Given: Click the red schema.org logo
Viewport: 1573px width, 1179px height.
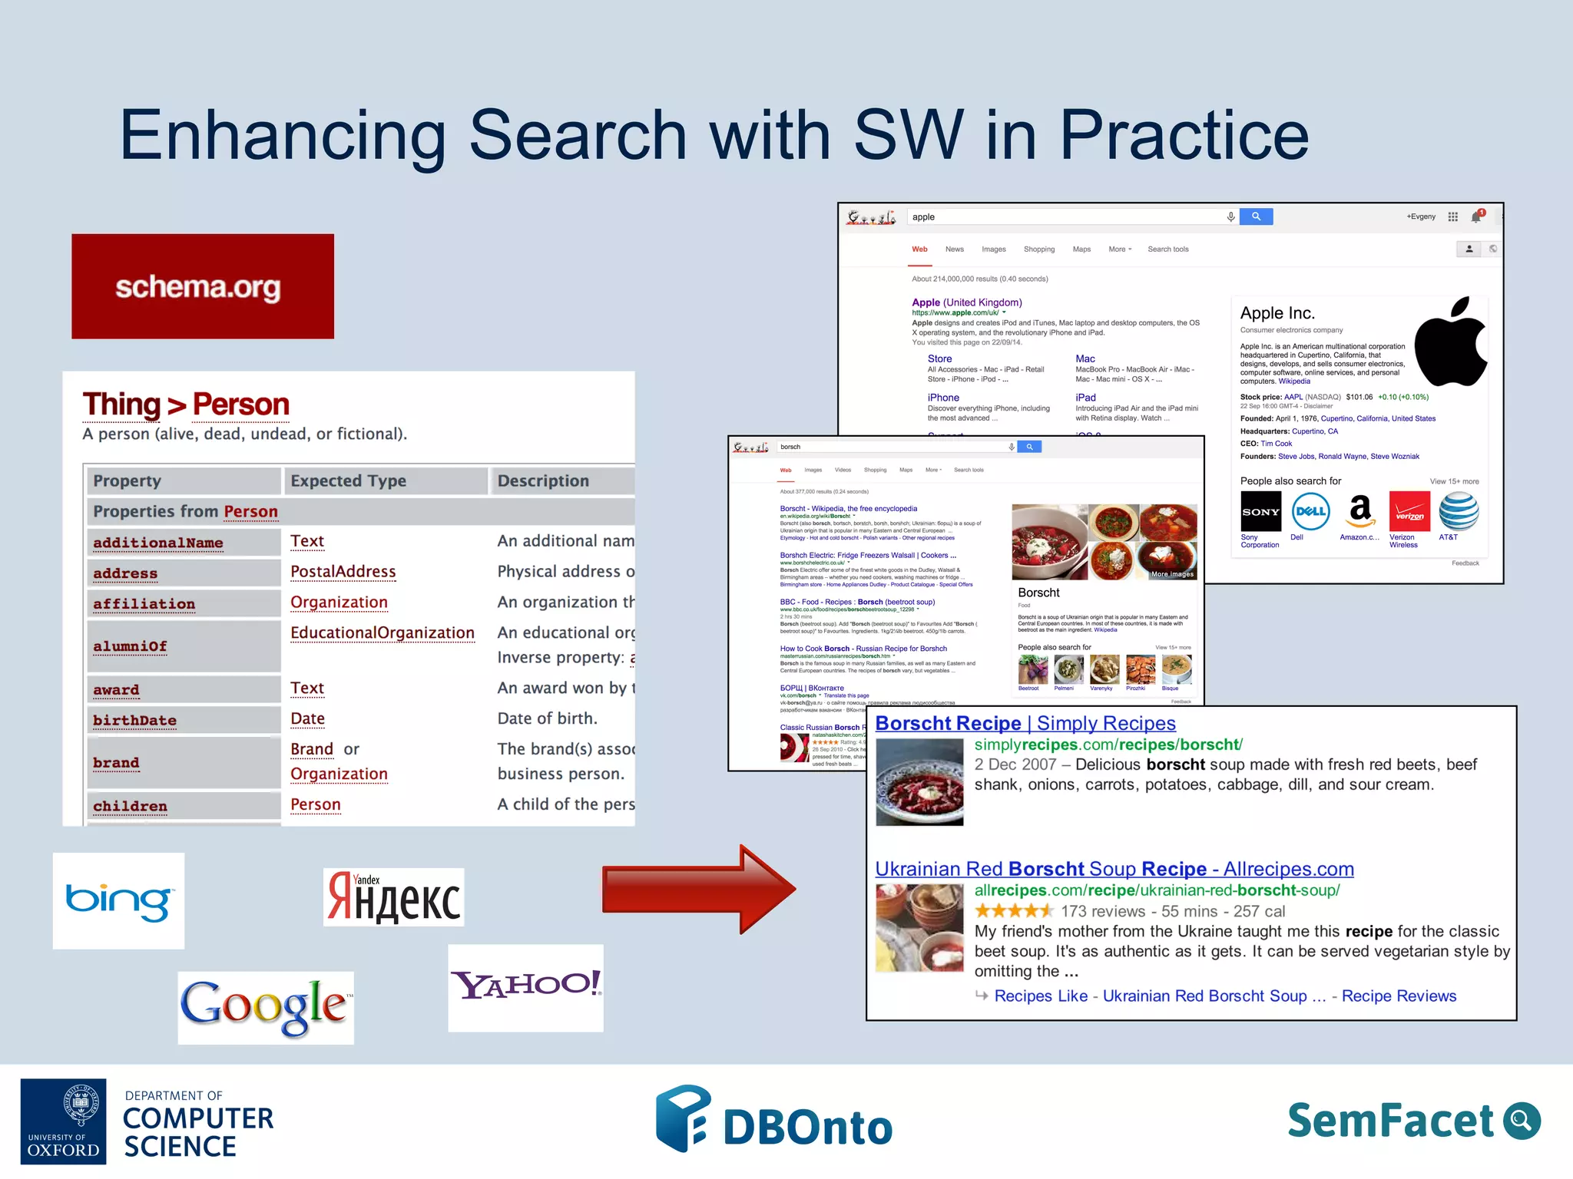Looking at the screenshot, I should pyautogui.click(x=202, y=286).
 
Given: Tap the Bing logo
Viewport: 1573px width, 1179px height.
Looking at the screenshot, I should pyautogui.click(x=118, y=900).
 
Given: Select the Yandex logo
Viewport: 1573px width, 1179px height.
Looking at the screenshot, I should pyautogui.click(x=393, y=897).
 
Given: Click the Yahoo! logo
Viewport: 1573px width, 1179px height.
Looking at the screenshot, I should pyautogui.click(x=525, y=987).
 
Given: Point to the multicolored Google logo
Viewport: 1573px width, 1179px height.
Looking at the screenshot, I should pyautogui.click(x=265, y=1007).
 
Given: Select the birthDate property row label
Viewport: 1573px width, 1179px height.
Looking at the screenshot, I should pyautogui.click(x=134, y=720).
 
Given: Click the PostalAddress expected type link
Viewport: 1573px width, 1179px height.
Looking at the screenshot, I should pyautogui.click(x=343, y=572).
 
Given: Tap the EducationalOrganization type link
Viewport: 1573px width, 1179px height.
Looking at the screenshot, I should pyautogui.click(x=382, y=633).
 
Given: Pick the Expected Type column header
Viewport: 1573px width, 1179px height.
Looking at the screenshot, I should pyautogui.click(x=348, y=481).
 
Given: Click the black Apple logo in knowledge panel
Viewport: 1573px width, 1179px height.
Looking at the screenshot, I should pyautogui.click(x=1451, y=342).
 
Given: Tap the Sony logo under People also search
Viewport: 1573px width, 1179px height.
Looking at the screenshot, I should pyautogui.click(x=1260, y=512).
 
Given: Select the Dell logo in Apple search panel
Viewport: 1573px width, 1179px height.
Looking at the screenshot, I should pyautogui.click(x=1310, y=512).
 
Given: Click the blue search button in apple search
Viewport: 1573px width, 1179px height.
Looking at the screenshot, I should pyautogui.click(x=1256, y=217).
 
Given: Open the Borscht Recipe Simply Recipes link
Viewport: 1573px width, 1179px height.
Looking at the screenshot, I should pyautogui.click(x=1025, y=723).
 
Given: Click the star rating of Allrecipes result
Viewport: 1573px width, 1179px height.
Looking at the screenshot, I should pyautogui.click(x=1014, y=911).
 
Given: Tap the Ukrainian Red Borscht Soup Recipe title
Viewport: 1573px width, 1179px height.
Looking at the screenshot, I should pyautogui.click(x=1114, y=869).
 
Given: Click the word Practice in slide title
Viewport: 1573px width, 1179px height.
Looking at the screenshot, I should pyautogui.click(x=1184, y=135).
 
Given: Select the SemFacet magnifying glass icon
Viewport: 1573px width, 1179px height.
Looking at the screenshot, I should pyautogui.click(x=1521, y=1121).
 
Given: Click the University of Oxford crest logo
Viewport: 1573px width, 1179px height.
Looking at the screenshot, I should pyautogui.click(x=80, y=1105).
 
